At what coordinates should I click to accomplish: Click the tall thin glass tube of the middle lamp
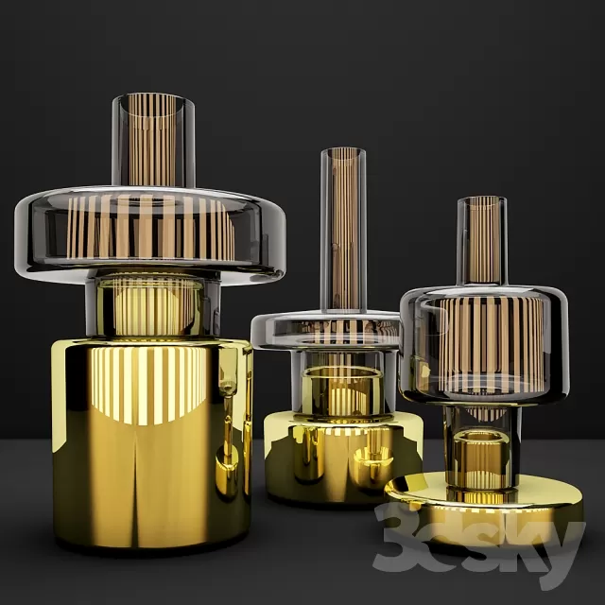[x=341, y=227]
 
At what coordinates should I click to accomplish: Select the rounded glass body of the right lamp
[x=483, y=340]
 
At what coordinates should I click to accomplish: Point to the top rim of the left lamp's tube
[x=153, y=97]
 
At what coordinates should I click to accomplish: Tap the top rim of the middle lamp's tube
[x=341, y=151]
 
